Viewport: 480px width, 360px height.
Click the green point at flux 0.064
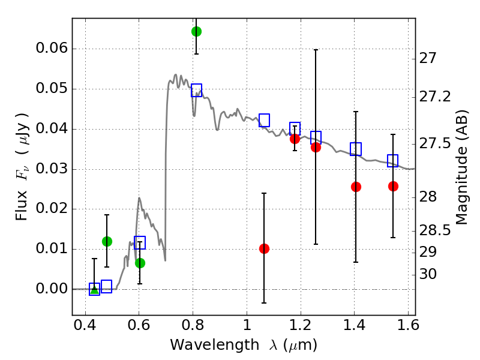(x=196, y=31)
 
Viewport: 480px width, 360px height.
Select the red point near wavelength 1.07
(x=264, y=248)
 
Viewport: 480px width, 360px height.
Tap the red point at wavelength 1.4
(x=356, y=187)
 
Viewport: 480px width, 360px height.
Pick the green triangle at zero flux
(x=94, y=290)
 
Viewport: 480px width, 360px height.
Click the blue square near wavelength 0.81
(x=196, y=91)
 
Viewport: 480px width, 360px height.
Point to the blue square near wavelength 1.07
(x=264, y=121)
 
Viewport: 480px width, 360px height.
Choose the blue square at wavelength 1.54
(x=393, y=161)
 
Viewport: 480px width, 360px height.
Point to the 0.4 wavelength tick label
(x=85, y=328)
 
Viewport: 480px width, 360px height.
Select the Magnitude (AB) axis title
(x=461, y=167)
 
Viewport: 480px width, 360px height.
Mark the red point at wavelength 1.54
(x=393, y=186)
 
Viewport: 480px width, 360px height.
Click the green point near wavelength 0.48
(x=107, y=241)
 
